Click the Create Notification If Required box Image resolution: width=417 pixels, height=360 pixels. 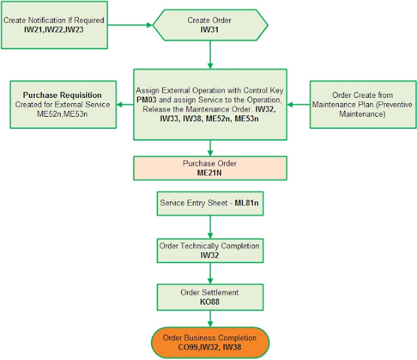tap(54, 25)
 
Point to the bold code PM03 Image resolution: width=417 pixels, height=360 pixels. tap(147, 100)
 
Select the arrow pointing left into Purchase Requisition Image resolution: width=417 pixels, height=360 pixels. tap(124, 104)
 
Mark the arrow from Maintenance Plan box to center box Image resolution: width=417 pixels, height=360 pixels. tap(300, 104)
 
